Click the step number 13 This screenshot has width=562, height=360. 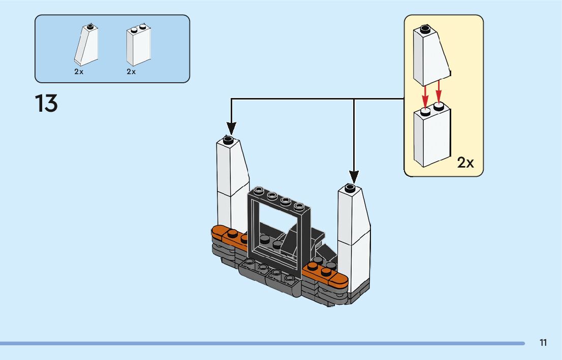coord(46,104)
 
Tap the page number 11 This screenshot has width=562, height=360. coord(543,343)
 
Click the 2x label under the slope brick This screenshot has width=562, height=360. coord(79,72)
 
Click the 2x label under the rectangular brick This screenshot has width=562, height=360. coord(132,72)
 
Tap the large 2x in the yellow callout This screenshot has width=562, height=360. coord(465,162)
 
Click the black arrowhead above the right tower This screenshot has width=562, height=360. coord(354,176)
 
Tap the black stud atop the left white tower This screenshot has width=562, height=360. coord(228,139)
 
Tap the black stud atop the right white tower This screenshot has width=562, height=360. coord(350,188)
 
